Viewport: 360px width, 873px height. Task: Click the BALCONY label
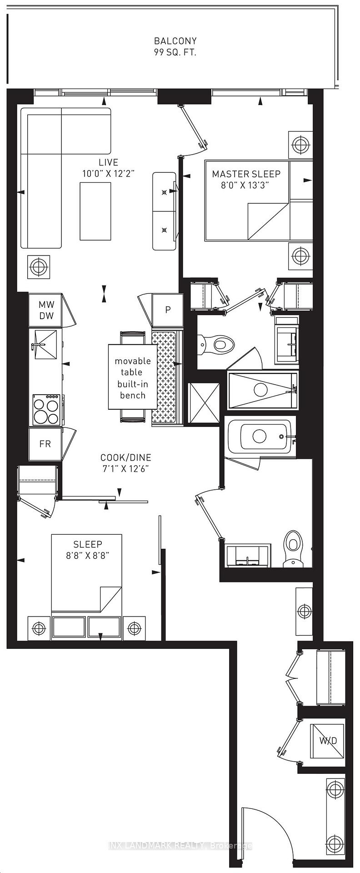pyautogui.click(x=175, y=41)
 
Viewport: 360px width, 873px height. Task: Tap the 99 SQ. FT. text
pyautogui.click(x=175, y=52)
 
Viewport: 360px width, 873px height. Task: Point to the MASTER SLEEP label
pyautogui.click(x=246, y=174)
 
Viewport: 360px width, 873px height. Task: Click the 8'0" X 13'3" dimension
pyautogui.click(x=246, y=185)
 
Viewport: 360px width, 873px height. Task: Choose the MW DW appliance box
pyautogui.click(x=46, y=310)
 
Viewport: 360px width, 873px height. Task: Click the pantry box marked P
pyautogui.click(x=168, y=310)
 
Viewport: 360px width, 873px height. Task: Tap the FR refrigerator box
pyautogui.click(x=45, y=444)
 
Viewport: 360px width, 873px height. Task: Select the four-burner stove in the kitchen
pyautogui.click(x=46, y=410)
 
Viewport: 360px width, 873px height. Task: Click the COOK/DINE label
pyautogui.click(x=126, y=458)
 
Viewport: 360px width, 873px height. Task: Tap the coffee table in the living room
pyautogui.click(x=95, y=211)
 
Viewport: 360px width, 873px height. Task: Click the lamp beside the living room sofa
pyautogui.click(x=39, y=266)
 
